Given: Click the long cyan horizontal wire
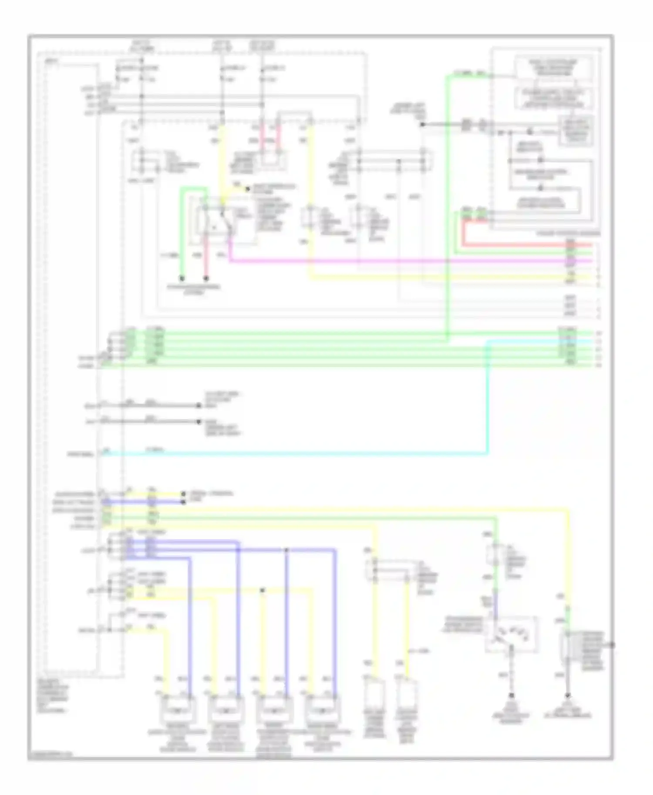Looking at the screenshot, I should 305,454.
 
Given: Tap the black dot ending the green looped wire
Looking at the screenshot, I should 182,278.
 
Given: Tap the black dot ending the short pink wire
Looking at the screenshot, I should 206,278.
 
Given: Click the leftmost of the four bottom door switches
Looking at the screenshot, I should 178,710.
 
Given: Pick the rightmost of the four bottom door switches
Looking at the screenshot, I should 323,710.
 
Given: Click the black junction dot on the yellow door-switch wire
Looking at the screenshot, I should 262,590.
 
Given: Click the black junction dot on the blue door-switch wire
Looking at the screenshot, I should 286,550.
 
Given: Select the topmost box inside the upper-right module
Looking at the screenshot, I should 553,68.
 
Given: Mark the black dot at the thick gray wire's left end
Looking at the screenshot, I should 422,125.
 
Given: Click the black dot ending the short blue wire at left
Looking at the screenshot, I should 183,502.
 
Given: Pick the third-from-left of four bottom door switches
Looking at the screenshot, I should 274,710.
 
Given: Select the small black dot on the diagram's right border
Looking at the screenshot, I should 613,645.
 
